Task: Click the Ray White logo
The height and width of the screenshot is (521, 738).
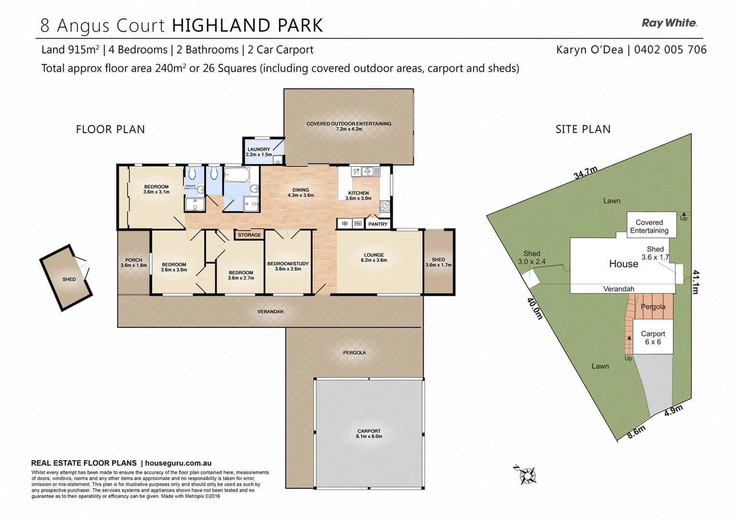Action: coord(669,23)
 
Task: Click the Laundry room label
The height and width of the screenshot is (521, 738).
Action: coord(259,152)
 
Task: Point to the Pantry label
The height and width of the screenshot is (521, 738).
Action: coord(378,224)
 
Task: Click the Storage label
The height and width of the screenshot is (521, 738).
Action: coord(249,235)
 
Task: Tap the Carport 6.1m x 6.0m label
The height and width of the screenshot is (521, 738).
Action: coord(369,434)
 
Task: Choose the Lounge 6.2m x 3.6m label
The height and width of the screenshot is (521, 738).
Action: coord(374,258)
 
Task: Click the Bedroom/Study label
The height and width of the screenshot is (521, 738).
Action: coord(288,266)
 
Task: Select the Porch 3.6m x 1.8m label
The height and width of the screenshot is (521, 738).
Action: coord(133,262)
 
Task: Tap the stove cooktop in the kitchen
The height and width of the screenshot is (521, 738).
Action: coord(385,206)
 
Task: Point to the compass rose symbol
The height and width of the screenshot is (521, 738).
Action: coord(527,475)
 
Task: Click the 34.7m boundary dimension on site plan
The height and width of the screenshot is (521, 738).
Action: coord(585,173)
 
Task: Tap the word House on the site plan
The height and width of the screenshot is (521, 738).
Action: coord(624,264)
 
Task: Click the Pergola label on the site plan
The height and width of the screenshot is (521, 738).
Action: coord(653,307)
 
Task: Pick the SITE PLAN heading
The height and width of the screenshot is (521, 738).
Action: coord(583,129)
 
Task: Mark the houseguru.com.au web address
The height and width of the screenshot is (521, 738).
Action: coord(178,463)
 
